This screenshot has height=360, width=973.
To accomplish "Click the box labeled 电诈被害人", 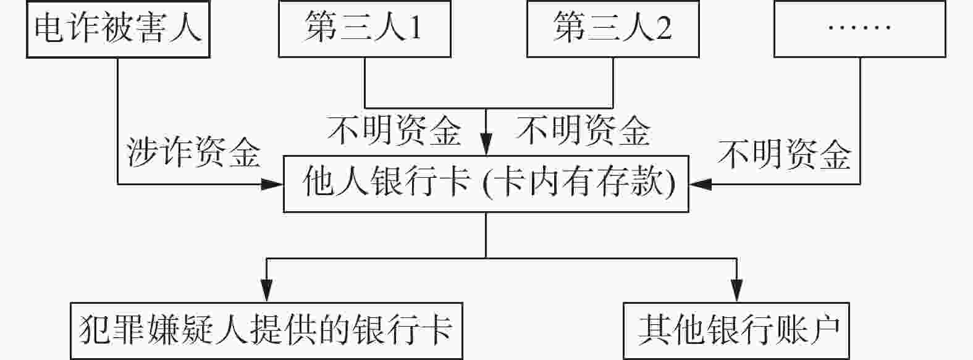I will coord(117,29).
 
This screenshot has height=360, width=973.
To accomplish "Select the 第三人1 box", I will coord(364,29).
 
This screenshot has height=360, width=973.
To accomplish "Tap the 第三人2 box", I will coord(613,29).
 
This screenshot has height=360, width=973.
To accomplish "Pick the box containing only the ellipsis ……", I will coord(859,29).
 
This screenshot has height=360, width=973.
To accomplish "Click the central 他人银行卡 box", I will coord(486,184).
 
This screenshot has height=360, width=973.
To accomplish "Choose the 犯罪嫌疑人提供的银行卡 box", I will coord(266,330).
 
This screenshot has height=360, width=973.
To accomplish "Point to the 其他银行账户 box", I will coord(736,330).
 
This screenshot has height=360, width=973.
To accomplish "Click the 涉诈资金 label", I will coord(193,153).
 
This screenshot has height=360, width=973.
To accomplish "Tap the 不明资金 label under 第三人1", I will coord(394,130).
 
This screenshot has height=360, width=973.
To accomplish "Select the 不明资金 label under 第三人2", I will coord(583,130).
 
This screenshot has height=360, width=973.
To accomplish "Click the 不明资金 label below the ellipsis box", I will coord(785,154).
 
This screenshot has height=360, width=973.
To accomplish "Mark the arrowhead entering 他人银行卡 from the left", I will coord(273,184).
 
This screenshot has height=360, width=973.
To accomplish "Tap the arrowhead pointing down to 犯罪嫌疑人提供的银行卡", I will coord(266,291).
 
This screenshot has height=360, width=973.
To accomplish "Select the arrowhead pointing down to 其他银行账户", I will coord(736,291).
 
